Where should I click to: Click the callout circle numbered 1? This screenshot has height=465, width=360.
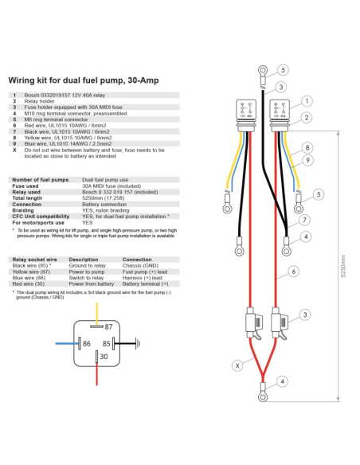coord(307,101)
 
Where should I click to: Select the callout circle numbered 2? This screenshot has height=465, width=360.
coord(306,119)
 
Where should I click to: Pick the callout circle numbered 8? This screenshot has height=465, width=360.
coord(307,148)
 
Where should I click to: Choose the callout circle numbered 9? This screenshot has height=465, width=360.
coord(307,162)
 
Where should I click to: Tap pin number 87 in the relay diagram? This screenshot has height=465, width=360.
coord(108,326)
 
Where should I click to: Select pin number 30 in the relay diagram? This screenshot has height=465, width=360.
coord(104,357)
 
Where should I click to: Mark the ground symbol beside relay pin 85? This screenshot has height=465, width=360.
coord(137,343)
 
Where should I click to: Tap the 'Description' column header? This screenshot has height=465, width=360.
coord(84,259)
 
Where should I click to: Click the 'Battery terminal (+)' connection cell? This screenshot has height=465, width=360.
coord(147,283)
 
